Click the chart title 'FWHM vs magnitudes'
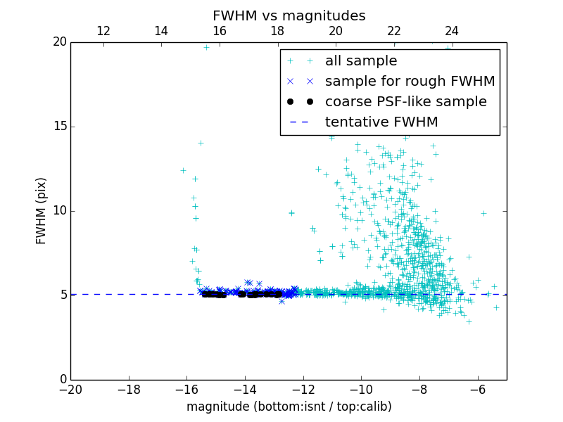pyautogui.click(x=289, y=15)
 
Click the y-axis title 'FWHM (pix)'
pyautogui.click(x=42, y=211)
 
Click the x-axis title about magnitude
pyautogui.click(x=289, y=407)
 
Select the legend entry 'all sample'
pyautogui.click(x=361, y=61)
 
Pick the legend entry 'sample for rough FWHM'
pyautogui.click(x=410, y=82)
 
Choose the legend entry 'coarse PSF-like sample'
pyautogui.click(x=405, y=102)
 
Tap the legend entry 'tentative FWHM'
pyautogui.click(x=381, y=122)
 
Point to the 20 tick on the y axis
pyautogui.click(x=59, y=42)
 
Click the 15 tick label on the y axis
pyautogui.click(x=59, y=127)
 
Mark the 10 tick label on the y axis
pyautogui.click(x=59, y=211)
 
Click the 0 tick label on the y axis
pyautogui.click(x=63, y=380)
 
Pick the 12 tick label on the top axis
pyautogui.click(x=103, y=31)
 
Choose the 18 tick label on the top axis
pyautogui.click(x=277, y=31)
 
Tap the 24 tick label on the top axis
pyautogui.click(x=452, y=31)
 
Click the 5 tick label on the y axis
pyautogui.click(x=63, y=295)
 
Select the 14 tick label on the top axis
pyautogui.click(x=161, y=31)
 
